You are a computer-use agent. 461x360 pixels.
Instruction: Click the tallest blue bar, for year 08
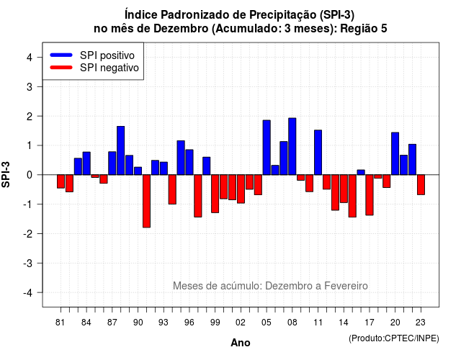coord(292,146)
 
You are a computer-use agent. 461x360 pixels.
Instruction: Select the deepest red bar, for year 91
coord(146,201)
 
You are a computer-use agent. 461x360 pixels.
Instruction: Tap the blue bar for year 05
coord(267,147)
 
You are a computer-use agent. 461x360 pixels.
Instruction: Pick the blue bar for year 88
coord(120,150)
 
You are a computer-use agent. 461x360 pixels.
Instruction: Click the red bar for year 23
coord(421,184)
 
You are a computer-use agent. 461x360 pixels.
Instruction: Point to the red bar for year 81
coord(61,181)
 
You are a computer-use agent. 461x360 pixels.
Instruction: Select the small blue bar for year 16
coord(361,172)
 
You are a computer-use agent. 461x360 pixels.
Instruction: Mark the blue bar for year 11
coord(318,152)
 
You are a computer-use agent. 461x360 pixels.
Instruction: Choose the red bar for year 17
coord(370,195)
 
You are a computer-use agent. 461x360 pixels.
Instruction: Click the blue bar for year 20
coord(395,153)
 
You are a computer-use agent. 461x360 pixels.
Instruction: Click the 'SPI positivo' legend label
coord(107,55)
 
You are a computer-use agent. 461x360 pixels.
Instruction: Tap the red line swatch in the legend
coord(61,67)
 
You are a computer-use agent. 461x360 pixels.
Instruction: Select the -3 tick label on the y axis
coord(28,263)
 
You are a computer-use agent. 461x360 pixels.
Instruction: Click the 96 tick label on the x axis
coord(189,323)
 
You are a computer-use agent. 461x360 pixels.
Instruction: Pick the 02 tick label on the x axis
coord(241,323)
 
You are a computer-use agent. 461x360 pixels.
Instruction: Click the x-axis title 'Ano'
coord(241,343)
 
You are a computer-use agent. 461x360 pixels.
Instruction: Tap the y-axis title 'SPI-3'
coord(6,174)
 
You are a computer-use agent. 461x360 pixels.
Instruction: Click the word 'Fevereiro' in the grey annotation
coord(346,286)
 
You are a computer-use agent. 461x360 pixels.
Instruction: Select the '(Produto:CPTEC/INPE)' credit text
coord(394,338)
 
